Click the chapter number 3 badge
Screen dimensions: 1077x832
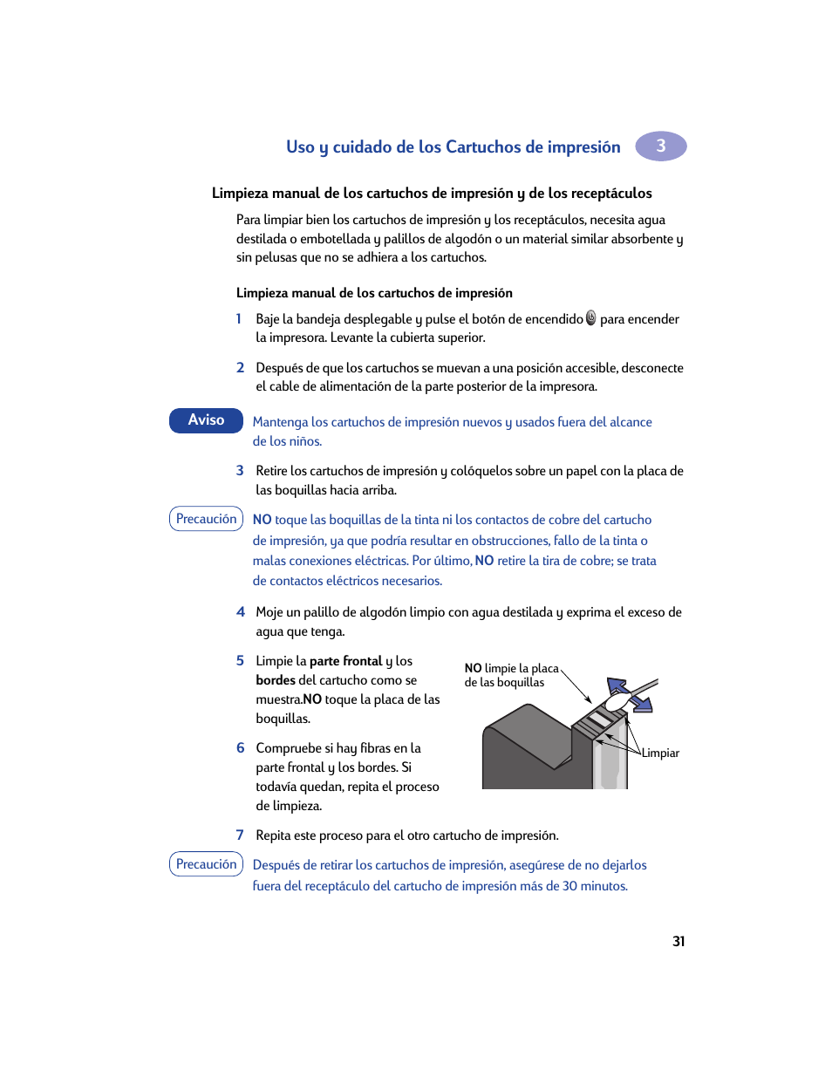point(660,146)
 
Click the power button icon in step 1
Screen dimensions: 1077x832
point(591,318)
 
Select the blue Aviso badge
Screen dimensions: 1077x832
point(206,420)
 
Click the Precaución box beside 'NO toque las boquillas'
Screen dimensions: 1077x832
point(206,519)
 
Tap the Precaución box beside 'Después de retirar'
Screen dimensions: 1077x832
point(206,864)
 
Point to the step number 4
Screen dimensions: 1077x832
point(241,612)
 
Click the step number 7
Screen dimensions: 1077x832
point(240,835)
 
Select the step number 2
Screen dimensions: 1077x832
point(241,368)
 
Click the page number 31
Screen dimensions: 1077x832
point(679,942)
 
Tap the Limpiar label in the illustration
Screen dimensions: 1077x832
point(660,753)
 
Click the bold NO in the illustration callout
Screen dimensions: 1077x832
point(473,669)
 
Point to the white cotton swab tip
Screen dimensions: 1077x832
point(616,700)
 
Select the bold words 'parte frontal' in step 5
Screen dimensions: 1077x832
point(346,661)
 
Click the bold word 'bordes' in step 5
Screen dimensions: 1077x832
point(276,680)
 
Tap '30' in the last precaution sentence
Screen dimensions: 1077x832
point(569,886)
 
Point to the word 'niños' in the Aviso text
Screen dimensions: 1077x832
point(304,442)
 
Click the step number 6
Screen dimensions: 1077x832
point(241,748)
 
